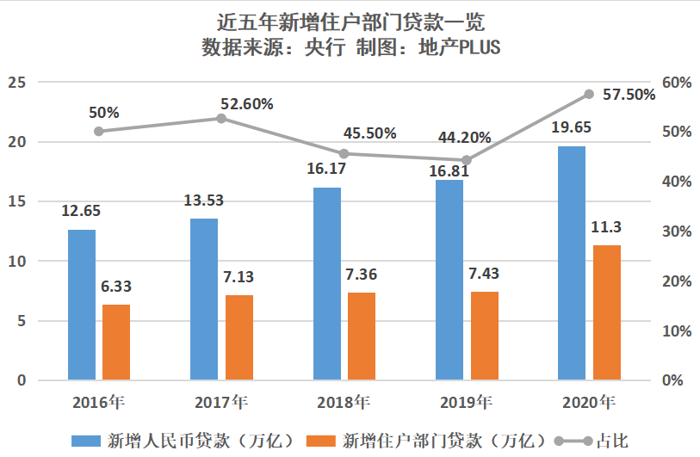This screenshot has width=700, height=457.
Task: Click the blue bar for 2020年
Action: [571, 263]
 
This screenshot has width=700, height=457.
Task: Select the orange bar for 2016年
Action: [116, 343]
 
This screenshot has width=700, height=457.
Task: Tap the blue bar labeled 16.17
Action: [327, 284]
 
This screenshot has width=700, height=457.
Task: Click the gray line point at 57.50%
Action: [589, 94]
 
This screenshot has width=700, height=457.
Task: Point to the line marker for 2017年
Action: [221, 118]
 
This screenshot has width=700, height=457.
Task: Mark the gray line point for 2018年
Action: [344, 154]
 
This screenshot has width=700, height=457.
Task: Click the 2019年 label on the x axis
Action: [466, 402]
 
